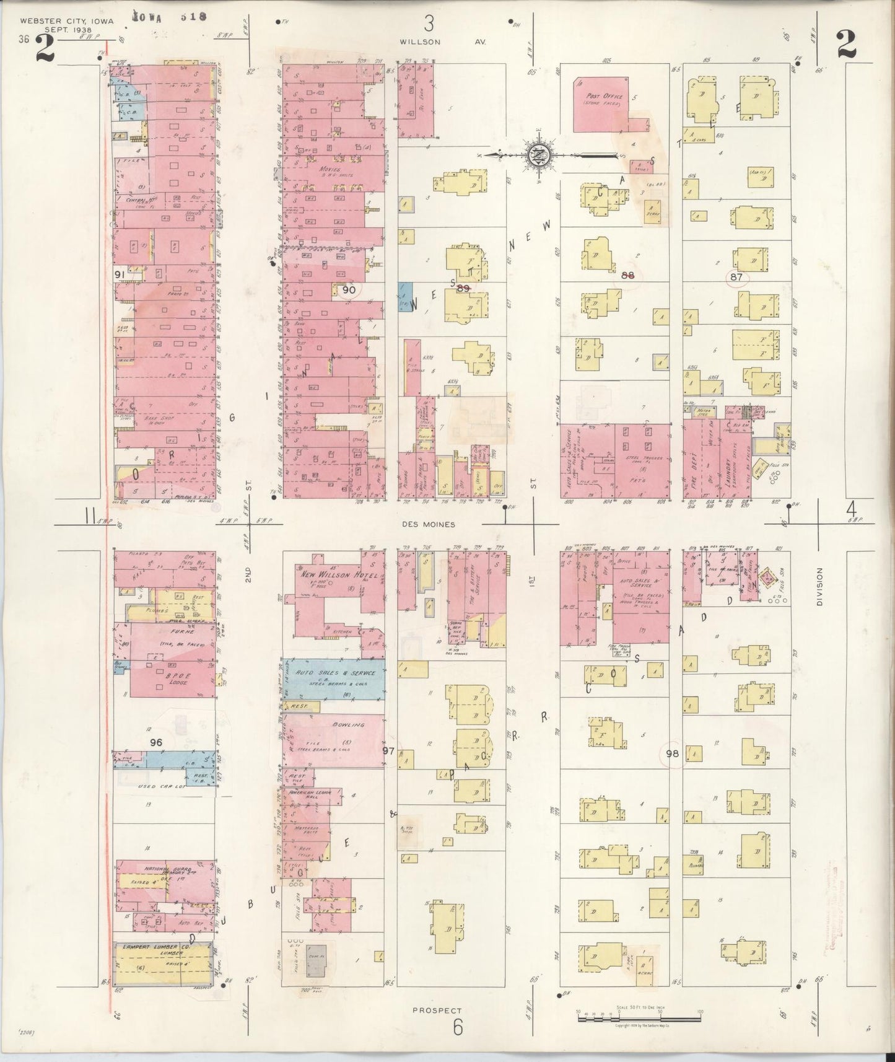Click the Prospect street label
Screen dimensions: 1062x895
click(x=436, y=1010)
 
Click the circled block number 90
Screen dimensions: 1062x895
click(x=349, y=289)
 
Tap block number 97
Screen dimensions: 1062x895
click(x=388, y=751)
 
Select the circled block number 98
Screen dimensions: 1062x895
click(x=673, y=753)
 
